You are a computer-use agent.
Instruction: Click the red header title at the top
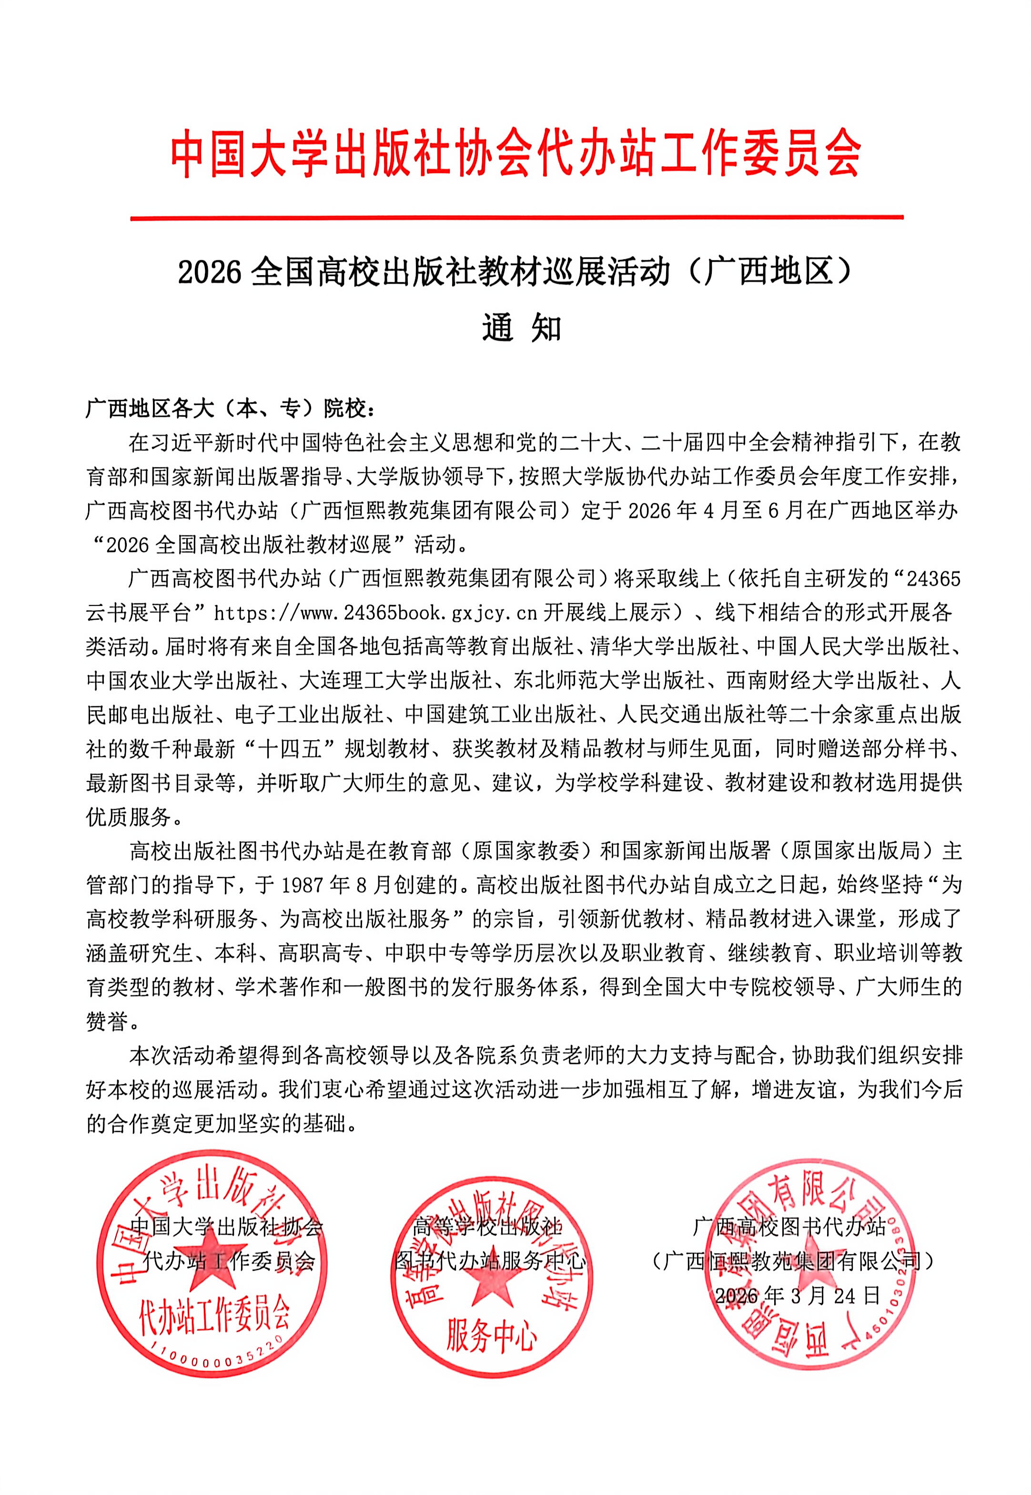click(515, 153)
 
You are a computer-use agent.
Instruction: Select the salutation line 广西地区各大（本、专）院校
click(230, 409)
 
